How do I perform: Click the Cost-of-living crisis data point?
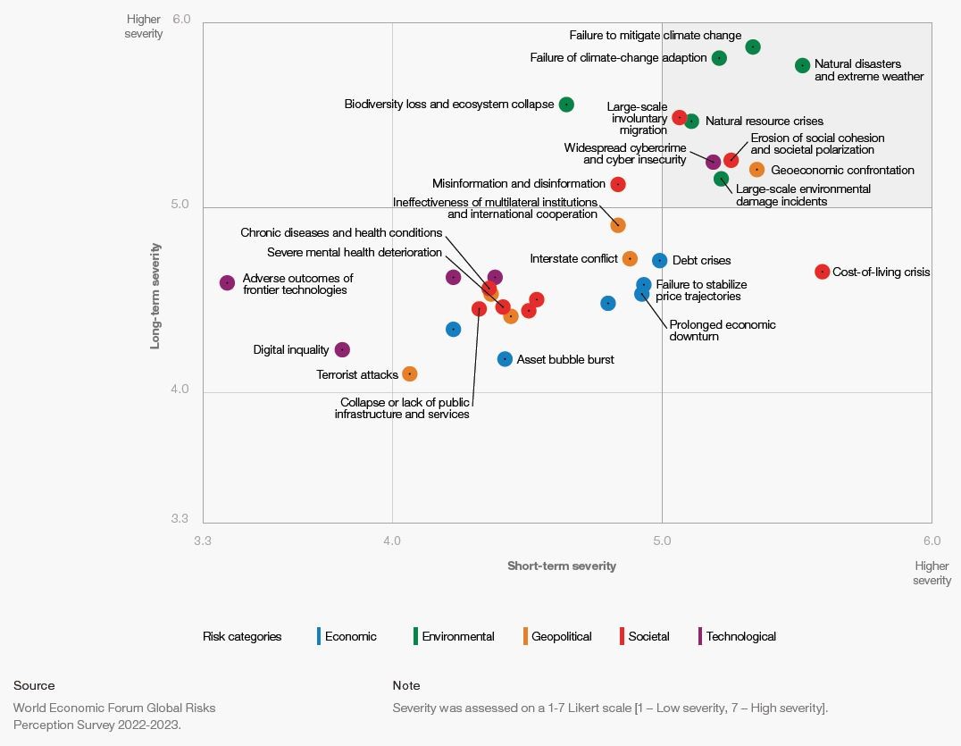(x=823, y=272)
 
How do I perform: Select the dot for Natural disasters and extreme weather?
(x=802, y=65)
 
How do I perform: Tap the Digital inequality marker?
(x=342, y=350)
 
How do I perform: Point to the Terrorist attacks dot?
(x=410, y=373)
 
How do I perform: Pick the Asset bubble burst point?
(x=505, y=359)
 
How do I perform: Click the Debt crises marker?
(x=659, y=261)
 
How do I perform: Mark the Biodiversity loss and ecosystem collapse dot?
(x=566, y=105)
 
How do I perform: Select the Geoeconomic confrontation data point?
(x=757, y=170)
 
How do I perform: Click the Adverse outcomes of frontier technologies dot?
(x=228, y=282)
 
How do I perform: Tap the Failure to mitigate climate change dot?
(x=753, y=46)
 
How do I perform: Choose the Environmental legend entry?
(x=457, y=636)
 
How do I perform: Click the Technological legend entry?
(x=740, y=636)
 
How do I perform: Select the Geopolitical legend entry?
(x=561, y=636)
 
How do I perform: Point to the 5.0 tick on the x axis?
(x=662, y=541)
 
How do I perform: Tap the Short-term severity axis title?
(x=561, y=566)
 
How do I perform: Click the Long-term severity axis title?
(x=155, y=294)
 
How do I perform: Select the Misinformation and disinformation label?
(x=518, y=184)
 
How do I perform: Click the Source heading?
(x=34, y=685)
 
